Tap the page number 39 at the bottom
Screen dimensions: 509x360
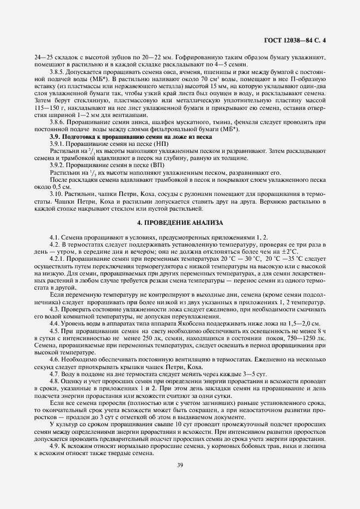180,464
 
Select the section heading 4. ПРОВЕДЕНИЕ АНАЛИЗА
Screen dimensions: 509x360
180,224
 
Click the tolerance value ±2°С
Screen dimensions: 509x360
290,252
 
